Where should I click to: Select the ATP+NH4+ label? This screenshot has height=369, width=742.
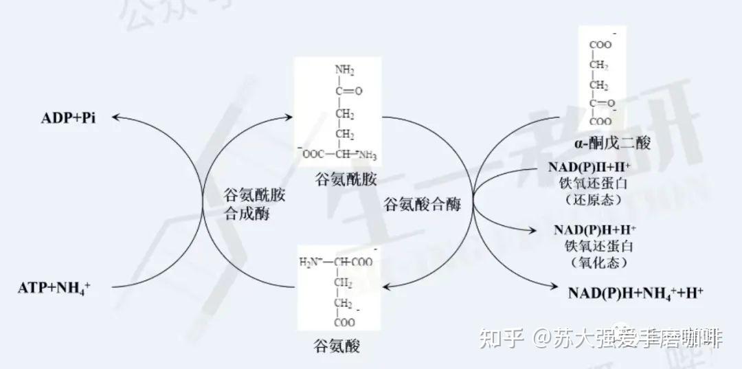coord(54,289)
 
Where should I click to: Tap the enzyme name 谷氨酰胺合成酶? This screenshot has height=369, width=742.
coord(254,204)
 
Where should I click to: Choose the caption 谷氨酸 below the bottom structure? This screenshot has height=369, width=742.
coord(336,344)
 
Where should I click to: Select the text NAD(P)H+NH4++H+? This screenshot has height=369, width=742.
coord(635,293)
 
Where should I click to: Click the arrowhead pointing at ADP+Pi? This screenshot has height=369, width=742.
coord(117,118)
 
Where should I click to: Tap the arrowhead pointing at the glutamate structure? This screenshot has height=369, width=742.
coord(386,286)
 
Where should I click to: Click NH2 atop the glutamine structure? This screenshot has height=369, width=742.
coord(344,70)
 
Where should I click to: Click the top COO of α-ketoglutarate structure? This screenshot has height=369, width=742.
coord(600,45)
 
